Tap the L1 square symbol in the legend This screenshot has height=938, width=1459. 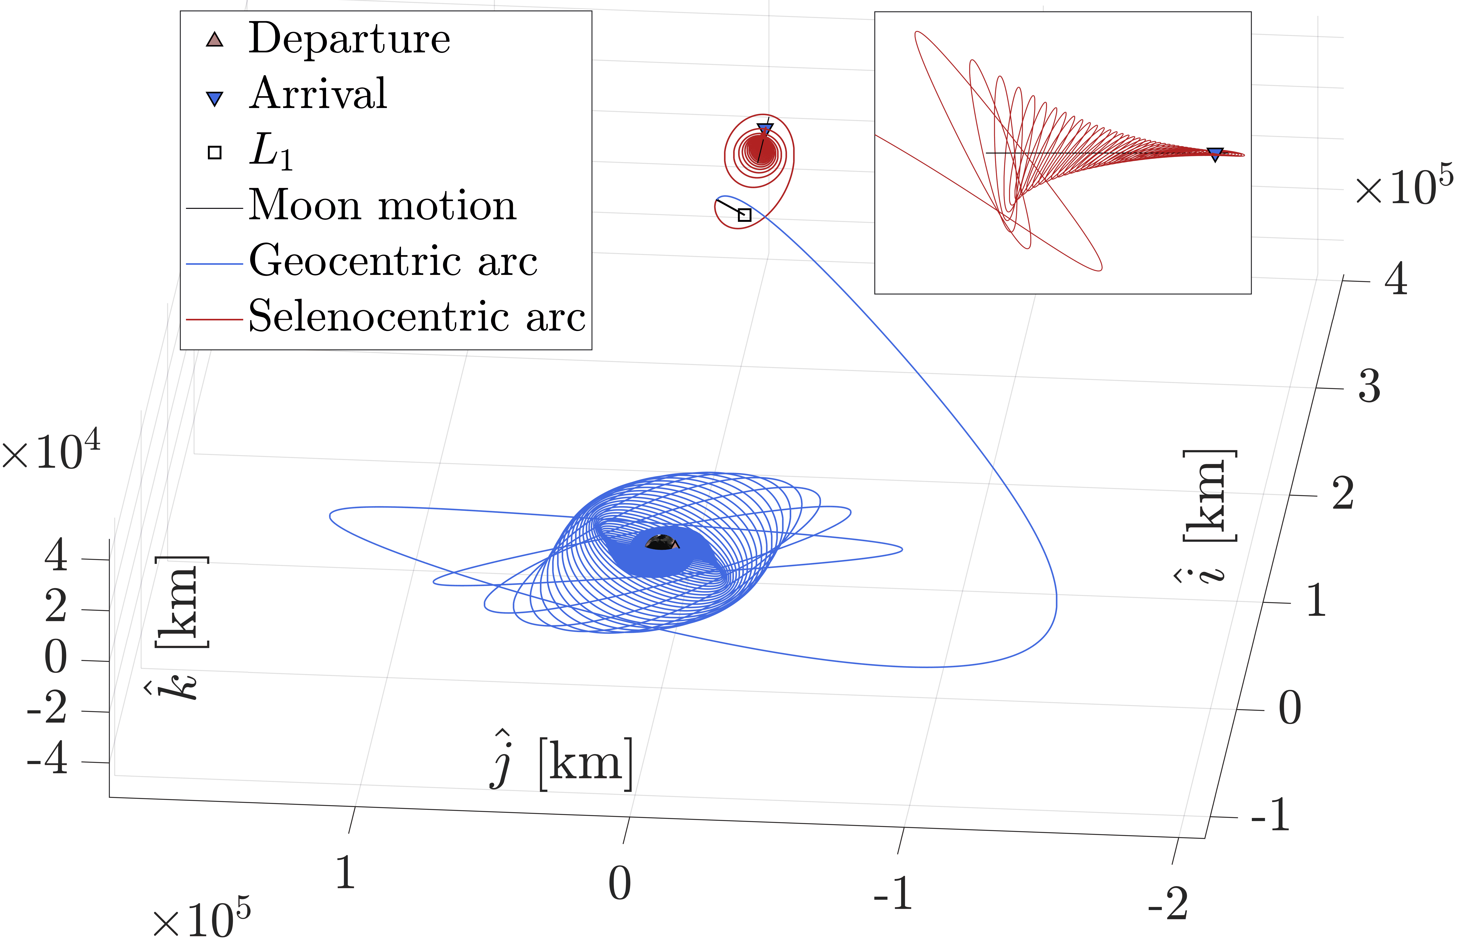(215, 152)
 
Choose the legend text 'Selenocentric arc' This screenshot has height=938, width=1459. (417, 317)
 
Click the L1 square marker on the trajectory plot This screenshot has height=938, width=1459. (744, 214)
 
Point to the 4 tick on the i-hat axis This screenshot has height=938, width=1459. (1396, 280)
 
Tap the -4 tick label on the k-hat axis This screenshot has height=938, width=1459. (48, 760)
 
